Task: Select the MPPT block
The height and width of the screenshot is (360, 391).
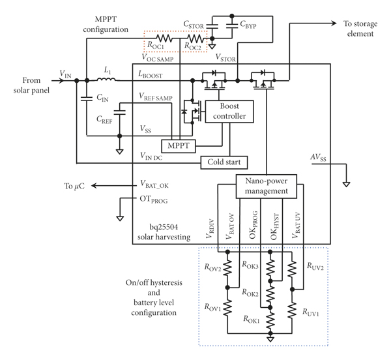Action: tap(179, 146)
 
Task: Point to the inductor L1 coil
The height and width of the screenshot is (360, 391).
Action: tap(106, 80)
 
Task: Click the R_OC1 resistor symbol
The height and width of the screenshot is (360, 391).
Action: tap(164, 38)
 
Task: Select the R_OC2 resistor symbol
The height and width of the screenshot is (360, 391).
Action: tap(195, 38)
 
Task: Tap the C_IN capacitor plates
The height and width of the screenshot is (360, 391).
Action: tap(87, 98)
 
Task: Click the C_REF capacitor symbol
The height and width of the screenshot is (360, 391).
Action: tap(120, 112)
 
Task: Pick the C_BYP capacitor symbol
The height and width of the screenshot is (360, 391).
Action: tap(232, 25)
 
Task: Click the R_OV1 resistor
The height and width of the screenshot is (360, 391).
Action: tap(227, 308)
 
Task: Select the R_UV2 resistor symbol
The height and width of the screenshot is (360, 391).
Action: tap(292, 269)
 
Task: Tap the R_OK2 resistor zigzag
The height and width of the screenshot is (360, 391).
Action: tap(270, 294)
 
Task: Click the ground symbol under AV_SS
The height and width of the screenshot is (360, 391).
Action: tap(347, 185)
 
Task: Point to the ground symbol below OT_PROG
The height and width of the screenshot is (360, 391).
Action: tap(120, 218)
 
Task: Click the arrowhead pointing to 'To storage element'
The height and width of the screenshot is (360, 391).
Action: tap(334, 23)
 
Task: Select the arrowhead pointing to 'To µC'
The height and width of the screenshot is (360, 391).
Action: tap(94, 186)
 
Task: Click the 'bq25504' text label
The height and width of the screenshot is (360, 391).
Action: tap(164, 227)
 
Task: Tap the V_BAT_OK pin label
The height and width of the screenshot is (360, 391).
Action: tap(154, 184)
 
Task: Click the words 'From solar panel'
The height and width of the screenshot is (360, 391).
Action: tap(31, 85)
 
